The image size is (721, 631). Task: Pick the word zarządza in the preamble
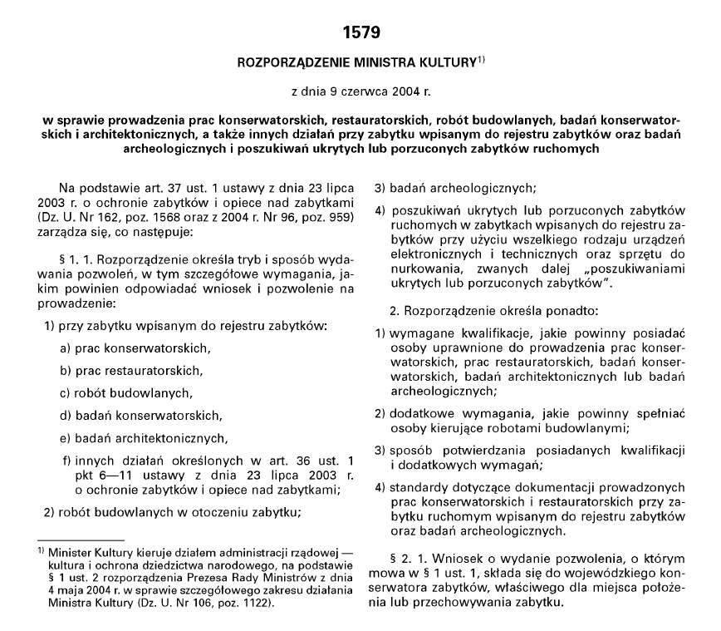(61, 232)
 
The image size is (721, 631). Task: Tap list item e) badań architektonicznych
(144, 436)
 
